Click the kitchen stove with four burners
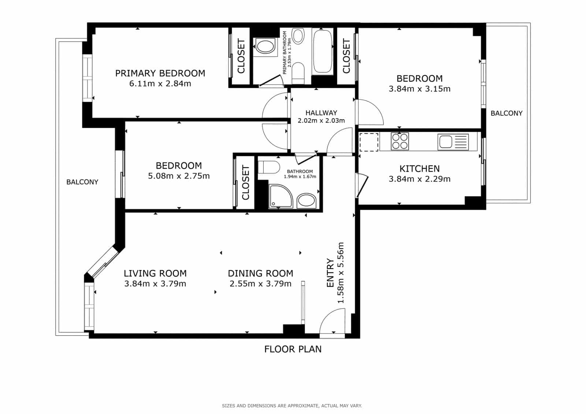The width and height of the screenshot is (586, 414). tap(400, 141)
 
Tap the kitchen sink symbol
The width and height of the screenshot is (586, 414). tap(453, 142)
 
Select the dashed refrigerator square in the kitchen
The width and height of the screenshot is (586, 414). tap(369, 142)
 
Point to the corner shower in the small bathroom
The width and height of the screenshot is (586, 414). tap(280, 196)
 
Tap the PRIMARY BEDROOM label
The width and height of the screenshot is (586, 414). tap(160, 73)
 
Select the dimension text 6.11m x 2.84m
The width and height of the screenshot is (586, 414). tap(160, 83)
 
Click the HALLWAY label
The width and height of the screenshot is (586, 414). tap(321, 113)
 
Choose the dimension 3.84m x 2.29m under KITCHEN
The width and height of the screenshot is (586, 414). tap(419, 179)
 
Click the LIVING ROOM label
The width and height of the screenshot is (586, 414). tap(155, 273)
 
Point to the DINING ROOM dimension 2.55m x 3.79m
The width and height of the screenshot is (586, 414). tap(260, 284)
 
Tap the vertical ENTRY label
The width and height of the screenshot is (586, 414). tap(330, 273)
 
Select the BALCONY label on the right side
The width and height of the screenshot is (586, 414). tap(507, 113)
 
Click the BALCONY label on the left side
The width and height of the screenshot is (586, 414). tap(82, 182)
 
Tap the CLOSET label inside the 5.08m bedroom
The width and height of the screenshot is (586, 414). tap(245, 183)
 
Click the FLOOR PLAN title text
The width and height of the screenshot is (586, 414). tap(293, 349)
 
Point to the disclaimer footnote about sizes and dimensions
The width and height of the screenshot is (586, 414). tap(292, 406)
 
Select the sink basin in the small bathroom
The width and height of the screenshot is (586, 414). tap(306, 201)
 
